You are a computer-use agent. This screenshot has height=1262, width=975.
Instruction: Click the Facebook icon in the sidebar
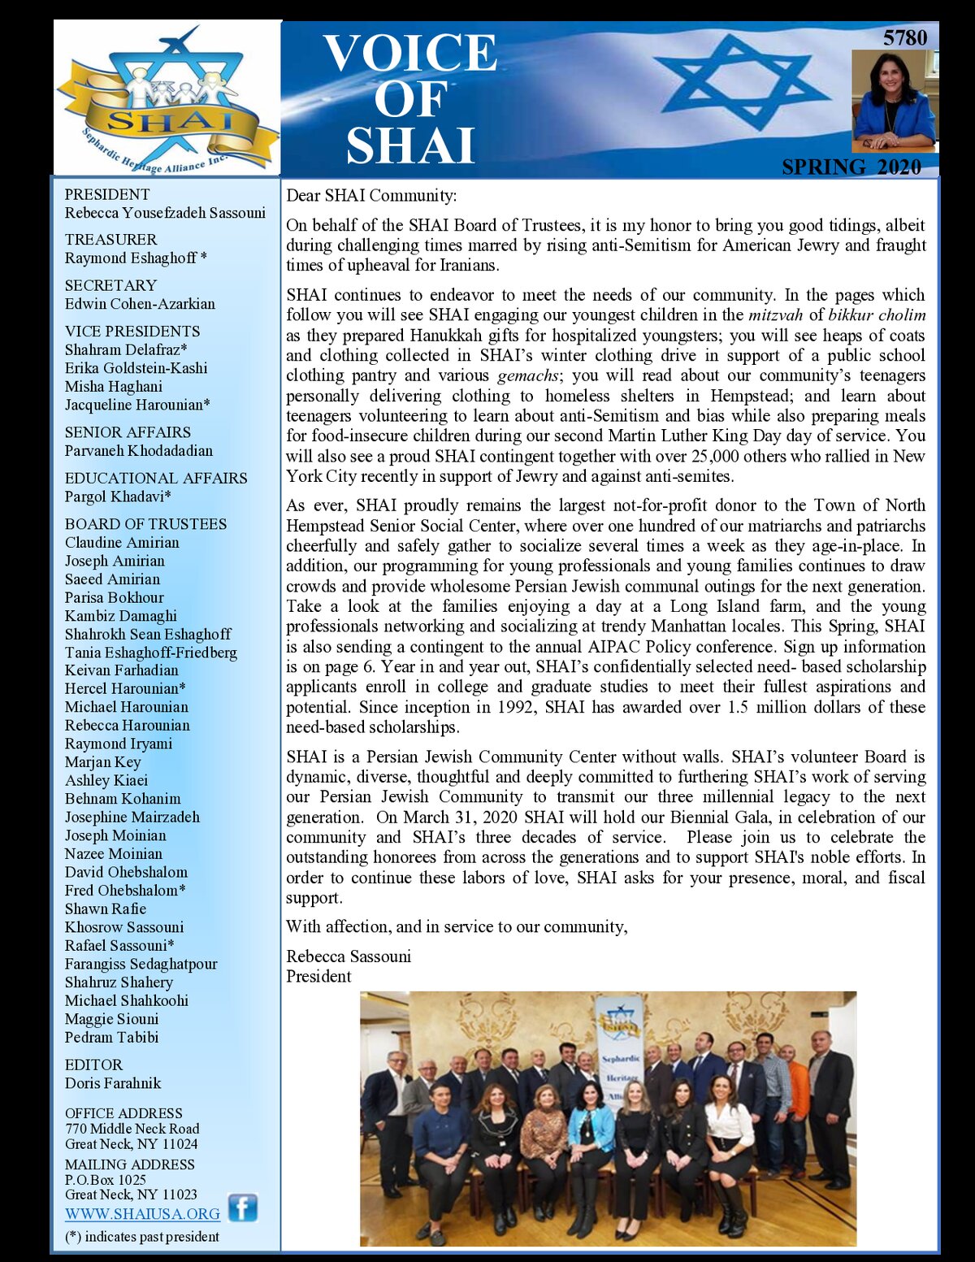click(x=242, y=1208)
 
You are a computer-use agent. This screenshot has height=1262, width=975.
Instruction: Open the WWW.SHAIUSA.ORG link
click(x=142, y=1214)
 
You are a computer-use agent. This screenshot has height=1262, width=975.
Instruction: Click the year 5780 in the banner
click(x=904, y=37)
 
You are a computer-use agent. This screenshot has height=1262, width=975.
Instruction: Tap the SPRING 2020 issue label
click(x=851, y=167)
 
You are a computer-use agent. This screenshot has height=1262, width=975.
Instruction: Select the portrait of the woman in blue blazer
click(x=894, y=101)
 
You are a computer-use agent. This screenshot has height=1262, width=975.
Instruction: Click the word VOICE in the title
click(x=409, y=54)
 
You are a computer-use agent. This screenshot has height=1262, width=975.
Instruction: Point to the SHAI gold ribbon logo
click(x=167, y=122)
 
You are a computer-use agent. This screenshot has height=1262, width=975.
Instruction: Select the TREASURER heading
click(x=110, y=240)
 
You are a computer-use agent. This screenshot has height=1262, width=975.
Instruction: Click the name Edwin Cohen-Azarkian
click(x=140, y=304)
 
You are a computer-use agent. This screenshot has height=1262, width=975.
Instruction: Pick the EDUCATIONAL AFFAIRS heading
click(x=156, y=478)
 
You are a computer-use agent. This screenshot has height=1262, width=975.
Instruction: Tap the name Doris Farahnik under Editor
click(x=113, y=1083)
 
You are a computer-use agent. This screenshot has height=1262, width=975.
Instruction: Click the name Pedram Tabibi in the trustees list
click(x=111, y=1037)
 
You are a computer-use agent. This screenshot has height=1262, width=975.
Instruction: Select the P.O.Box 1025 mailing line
click(x=106, y=1179)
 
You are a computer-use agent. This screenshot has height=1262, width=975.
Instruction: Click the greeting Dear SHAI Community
click(x=371, y=195)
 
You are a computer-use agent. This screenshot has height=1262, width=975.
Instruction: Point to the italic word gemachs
click(x=527, y=375)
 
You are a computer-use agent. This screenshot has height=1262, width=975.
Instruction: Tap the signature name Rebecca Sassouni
click(x=349, y=956)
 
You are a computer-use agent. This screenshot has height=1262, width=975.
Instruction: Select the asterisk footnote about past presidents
click(x=142, y=1237)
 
